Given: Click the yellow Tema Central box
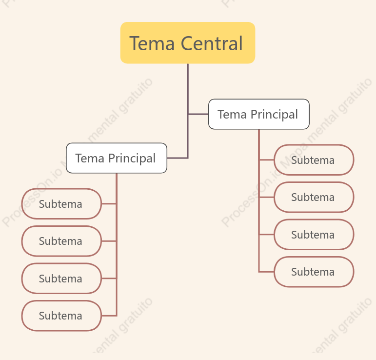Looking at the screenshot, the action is (x=188, y=43).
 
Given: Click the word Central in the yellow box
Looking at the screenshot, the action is (x=212, y=43).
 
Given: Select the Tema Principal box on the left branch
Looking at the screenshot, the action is (x=117, y=158).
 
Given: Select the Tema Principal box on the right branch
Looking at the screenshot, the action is (x=259, y=114).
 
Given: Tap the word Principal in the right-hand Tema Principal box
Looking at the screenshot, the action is (x=275, y=115).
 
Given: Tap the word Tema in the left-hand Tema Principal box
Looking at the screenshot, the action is (x=90, y=159).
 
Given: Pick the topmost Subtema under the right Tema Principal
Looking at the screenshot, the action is (x=314, y=160).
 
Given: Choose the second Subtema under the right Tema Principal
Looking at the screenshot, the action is (x=314, y=197).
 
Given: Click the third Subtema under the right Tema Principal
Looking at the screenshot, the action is (x=314, y=235).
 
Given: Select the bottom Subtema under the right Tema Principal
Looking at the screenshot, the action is (x=314, y=272).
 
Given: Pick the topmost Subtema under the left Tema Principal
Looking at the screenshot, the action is (x=61, y=204).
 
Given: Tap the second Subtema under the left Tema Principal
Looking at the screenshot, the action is (x=61, y=241).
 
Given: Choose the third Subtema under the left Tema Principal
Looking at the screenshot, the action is (x=61, y=279).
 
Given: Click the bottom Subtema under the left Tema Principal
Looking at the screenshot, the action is (x=61, y=316).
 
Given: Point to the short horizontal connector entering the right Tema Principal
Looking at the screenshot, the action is (x=198, y=114).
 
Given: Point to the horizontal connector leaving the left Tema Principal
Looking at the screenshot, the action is (x=178, y=158).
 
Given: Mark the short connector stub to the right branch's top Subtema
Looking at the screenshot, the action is (x=266, y=160).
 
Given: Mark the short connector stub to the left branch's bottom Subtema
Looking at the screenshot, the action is (x=109, y=316).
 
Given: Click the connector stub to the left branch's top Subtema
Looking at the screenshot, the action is (x=109, y=204).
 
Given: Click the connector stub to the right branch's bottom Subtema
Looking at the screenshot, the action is (x=266, y=272).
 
